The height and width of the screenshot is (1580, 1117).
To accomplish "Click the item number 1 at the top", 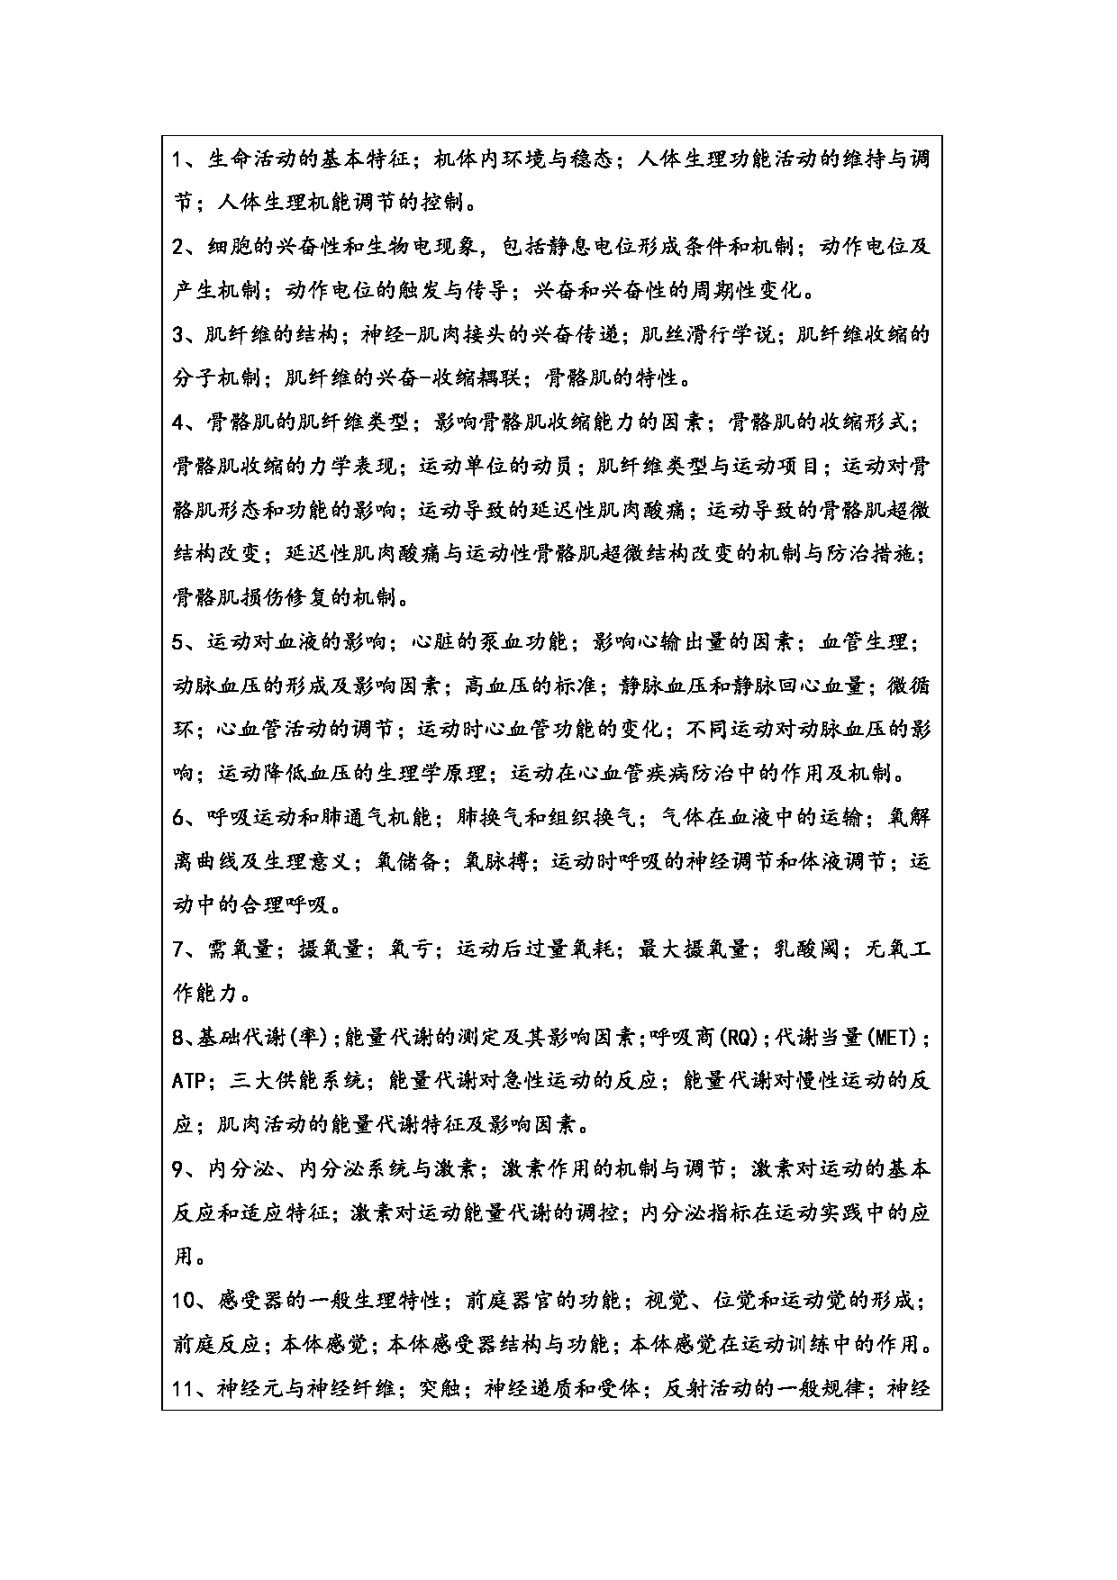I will coord(178,159).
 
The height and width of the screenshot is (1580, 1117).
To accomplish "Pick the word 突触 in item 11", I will coord(440,1389).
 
